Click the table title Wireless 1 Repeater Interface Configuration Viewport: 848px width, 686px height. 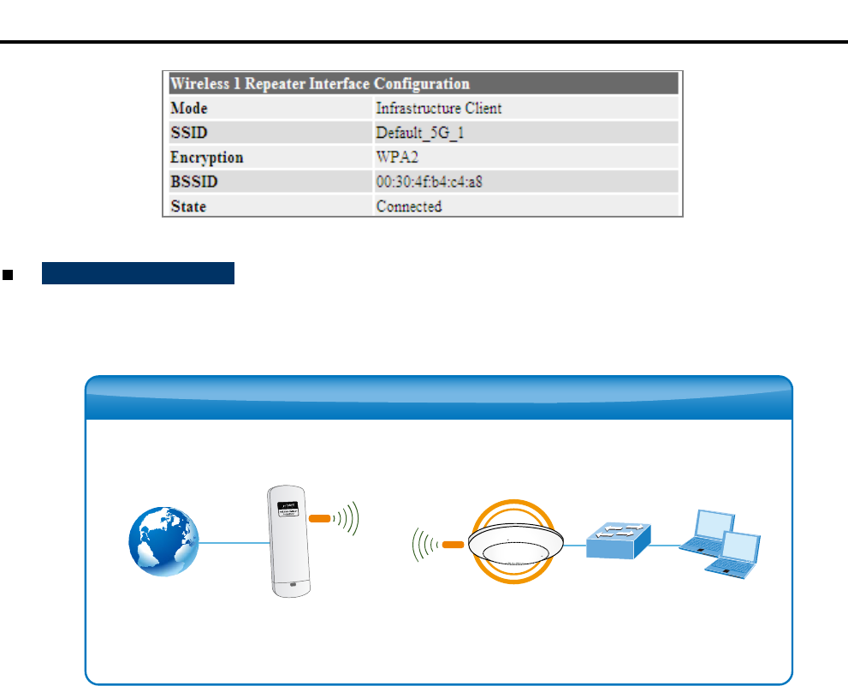point(320,84)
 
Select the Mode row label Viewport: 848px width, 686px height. point(189,109)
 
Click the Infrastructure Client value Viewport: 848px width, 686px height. point(439,109)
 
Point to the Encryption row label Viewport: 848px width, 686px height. point(207,158)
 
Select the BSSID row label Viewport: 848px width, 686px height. point(191,182)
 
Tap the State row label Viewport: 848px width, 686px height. point(188,206)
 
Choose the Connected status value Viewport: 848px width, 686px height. point(409,206)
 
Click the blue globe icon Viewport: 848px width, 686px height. point(163,542)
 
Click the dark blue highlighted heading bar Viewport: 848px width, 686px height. point(138,274)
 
